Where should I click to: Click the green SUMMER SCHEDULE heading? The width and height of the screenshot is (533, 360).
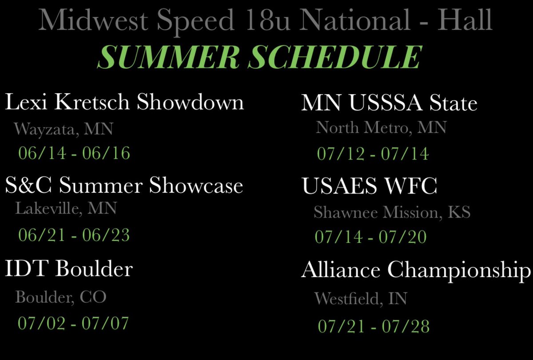pos(260,57)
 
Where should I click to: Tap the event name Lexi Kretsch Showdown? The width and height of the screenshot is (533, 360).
pos(124,103)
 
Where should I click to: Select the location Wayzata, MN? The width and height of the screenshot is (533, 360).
pos(64,130)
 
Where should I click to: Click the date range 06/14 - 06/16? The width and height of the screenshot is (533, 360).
pos(74,154)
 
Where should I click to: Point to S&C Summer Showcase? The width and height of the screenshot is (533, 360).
pos(124,186)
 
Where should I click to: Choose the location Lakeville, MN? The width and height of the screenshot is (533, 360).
pos(66,208)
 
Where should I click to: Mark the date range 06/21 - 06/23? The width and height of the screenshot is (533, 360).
pos(74,235)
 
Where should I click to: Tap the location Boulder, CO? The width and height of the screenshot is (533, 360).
pos(61,297)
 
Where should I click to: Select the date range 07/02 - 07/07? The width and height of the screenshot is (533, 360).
pos(73,323)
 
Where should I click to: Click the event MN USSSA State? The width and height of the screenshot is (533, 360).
pos(389,104)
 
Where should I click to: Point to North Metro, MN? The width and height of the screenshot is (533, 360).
pos(381,128)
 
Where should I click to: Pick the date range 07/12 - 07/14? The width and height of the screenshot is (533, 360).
pos(373,154)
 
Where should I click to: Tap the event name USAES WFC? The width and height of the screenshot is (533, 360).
pos(369,186)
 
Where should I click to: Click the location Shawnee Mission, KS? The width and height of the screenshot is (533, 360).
pos(392,213)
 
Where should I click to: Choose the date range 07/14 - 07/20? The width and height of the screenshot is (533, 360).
pos(370,237)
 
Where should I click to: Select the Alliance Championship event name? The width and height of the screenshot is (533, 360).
pos(416,270)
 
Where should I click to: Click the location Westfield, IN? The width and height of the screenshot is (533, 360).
pos(361,298)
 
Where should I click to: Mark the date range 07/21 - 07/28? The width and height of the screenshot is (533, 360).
pos(374,327)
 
